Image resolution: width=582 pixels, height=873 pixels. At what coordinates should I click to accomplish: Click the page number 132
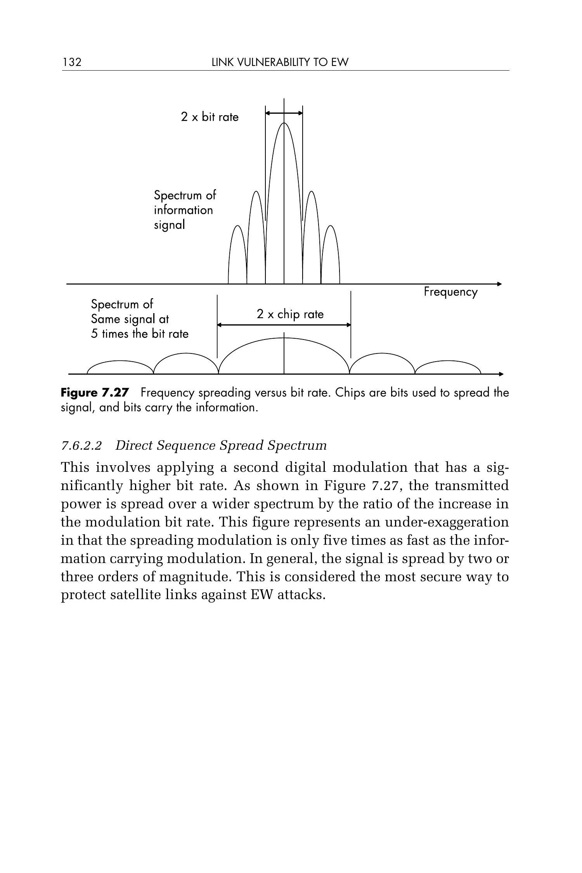pos(72,62)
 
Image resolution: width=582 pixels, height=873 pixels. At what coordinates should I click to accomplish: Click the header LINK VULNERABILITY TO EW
pos(280,62)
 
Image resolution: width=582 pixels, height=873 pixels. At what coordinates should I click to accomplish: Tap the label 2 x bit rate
pos(210,117)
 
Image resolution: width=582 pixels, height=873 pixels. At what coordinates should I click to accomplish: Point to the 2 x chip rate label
pos(290,314)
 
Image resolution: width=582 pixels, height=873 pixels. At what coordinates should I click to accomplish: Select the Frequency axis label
pos(450,292)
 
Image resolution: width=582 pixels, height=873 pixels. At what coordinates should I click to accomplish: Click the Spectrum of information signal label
pos(185,210)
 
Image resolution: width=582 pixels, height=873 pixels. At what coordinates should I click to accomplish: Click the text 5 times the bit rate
pos(140,334)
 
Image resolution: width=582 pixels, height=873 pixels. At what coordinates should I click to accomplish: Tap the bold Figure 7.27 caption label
pos(94,393)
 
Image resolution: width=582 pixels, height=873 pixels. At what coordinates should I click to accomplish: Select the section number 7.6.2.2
pos(81,445)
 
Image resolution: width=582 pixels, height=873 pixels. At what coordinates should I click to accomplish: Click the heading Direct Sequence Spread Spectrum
pos(221,445)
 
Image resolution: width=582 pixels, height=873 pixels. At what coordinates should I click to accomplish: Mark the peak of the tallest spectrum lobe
pos(284,123)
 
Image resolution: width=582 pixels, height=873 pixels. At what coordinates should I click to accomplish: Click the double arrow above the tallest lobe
pos(284,113)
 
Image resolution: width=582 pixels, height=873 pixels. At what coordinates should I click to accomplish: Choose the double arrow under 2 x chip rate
pos(284,325)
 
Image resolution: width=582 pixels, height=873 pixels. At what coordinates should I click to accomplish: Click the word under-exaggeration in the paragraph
pos(447,522)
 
